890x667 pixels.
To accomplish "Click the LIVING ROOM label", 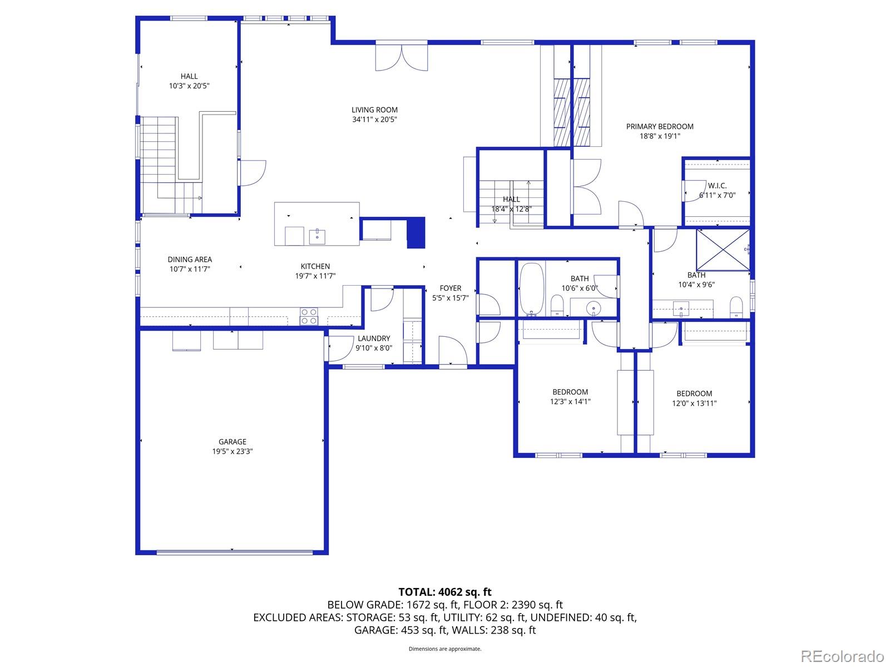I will [374, 110].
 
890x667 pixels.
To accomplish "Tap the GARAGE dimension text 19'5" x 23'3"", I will [233, 451].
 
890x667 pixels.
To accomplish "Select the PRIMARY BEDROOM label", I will [660, 127].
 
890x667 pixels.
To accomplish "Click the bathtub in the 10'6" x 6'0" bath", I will [531, 290].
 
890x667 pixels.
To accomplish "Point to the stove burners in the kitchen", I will [309, 316].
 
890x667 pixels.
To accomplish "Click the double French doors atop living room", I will [402, 57].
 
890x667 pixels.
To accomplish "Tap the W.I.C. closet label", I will [717, 186].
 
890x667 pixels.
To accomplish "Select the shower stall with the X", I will [723, 250].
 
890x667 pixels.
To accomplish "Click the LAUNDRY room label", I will [374, 339].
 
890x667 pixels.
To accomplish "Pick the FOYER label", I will [450, 288].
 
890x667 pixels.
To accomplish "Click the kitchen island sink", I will [318, 236].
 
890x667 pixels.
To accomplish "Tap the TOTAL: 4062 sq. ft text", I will [445, 592].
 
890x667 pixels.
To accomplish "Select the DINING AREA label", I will [190, 260].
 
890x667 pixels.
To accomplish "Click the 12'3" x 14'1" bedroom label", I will [570, 392].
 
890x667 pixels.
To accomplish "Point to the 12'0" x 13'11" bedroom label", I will [694, 394].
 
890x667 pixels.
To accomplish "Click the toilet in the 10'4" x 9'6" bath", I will [736, 307].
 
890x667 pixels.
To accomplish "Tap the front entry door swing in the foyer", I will [452, 350].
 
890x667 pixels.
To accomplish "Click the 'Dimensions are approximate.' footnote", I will [445, 649].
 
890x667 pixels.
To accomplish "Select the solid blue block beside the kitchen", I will [416, 232].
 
